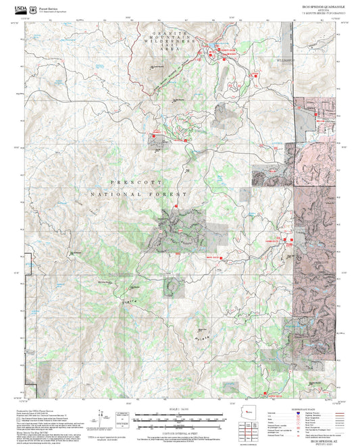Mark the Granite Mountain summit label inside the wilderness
157,66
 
